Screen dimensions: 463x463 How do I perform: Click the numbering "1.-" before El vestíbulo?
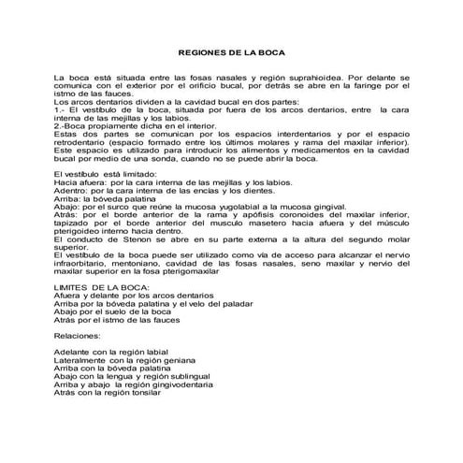60,109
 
